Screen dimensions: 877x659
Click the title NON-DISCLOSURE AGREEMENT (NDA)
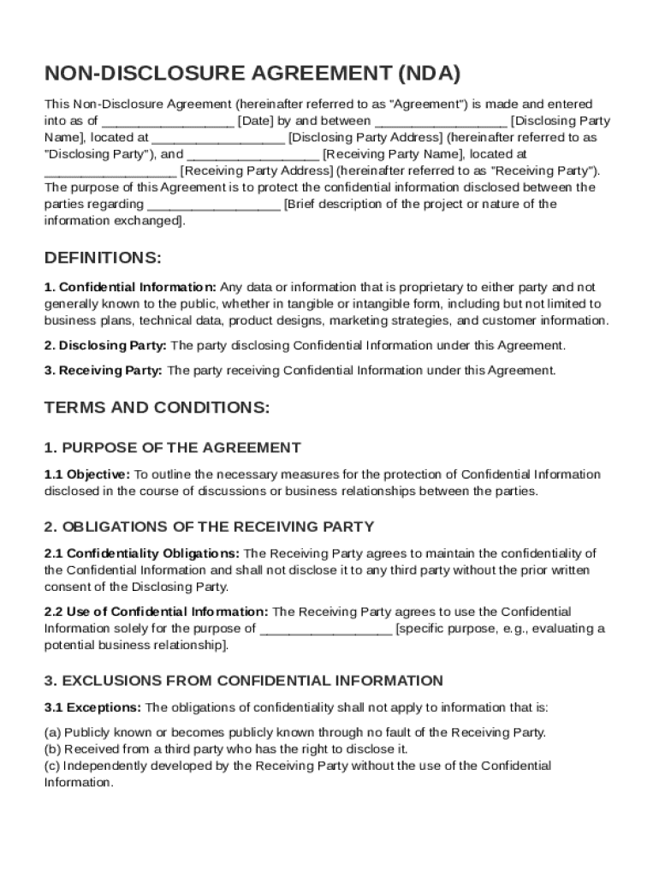tap(252, 75)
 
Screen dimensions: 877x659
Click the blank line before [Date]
tap(168, 122)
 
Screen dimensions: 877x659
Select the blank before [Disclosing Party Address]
tap(218, 138)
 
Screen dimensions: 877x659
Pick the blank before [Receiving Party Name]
tap(253, 155)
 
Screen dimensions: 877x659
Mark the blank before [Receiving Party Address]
tap(110, 171)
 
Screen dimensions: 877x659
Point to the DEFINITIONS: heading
tap(103, 259)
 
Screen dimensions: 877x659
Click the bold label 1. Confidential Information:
tap(130, 288)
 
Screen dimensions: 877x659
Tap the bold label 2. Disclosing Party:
tap(106, 346)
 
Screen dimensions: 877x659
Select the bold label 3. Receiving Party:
tap(104, 371)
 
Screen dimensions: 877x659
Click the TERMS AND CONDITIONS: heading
tap(157, 408)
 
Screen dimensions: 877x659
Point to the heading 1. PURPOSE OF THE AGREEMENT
tap(172, 448)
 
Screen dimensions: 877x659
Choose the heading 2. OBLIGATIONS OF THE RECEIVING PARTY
tap(209, 527)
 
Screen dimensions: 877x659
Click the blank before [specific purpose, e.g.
tap(326, 629)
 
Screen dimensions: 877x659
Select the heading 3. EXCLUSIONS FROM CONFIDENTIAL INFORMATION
tap(244, 681)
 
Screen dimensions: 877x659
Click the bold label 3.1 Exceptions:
tap(93, 708)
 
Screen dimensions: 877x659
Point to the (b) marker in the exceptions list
tap(52, 749)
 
